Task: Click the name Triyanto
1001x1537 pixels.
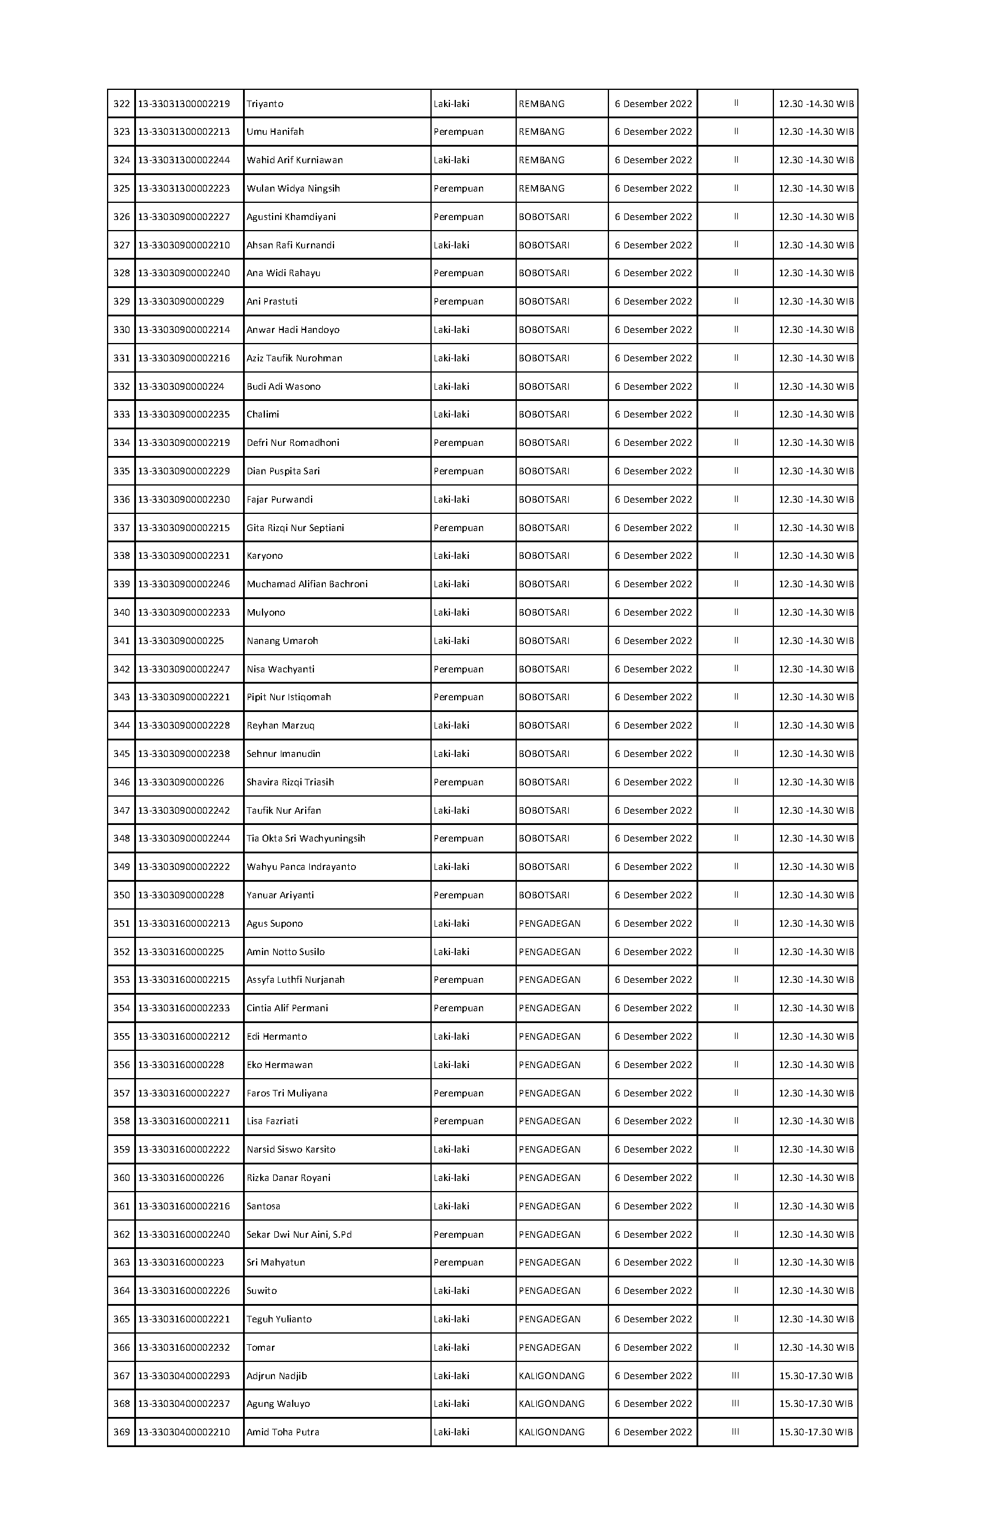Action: pyautogui.click(x=265, y=104)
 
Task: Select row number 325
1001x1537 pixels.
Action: pyautogui.click(x=121, y=189)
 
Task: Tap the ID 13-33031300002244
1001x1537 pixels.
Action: pyautogui.click(x=184, y=160)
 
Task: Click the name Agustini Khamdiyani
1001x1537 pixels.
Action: pyautogui.click(x=291, y=217)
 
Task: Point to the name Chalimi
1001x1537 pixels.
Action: pyautogui.click(x=263, y=415)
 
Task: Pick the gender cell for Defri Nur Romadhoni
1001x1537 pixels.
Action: pyautogui.click(x=459, y=443)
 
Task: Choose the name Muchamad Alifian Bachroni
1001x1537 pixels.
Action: pyautogui.click(x=307, y=584)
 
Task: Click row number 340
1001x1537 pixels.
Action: pyautogui.click(x=121, y=613)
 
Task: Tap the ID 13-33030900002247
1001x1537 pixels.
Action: pyautogui.click(x=184, y=669)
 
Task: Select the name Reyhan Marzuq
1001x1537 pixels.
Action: pyautogui.click(x=280, y=726)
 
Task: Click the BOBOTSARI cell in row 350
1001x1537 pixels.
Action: pyautogui.click(x=545, y=896)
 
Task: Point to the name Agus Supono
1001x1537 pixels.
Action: pyautogui.click(x=274, y=924)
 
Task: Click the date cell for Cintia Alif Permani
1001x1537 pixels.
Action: pyautogui.click(x=653, y=1009)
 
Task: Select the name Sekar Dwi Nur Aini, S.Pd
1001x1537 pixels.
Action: pyautogui.click(x=299, y=1235)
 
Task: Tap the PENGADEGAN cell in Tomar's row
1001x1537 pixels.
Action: pyautogui.click(x=550, y=1348)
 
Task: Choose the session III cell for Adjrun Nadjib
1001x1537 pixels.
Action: pyautogui.click(x=736, y=1376)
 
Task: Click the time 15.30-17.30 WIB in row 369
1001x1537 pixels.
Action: pyautogui.click(x=816, y=1432)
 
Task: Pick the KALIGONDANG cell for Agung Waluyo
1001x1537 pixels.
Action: pyautogui.click(x=552, y=1404)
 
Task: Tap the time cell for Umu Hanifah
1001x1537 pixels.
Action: pyautogui.click(x=816, y=132)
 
